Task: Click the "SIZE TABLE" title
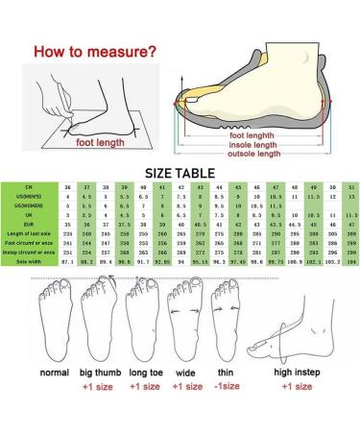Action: (180, 173)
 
